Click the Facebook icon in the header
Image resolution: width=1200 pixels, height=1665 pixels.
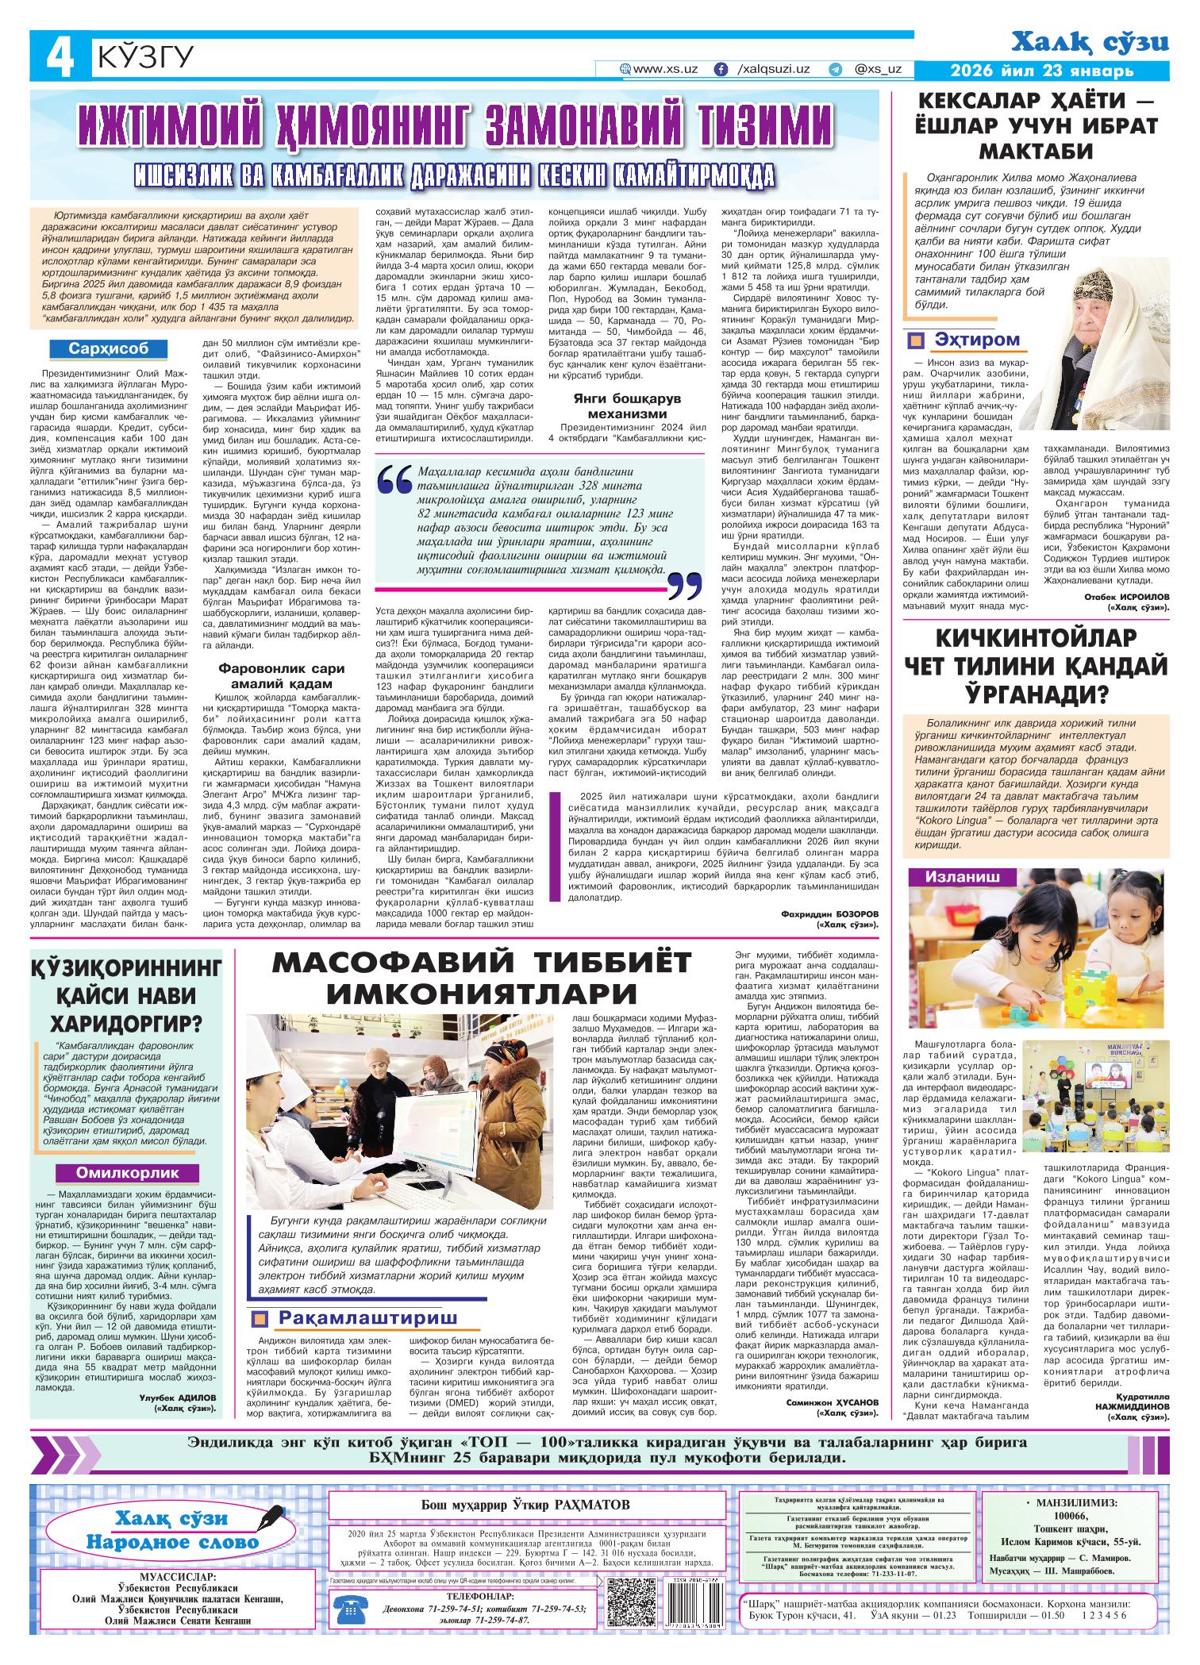click(x=721, y=69)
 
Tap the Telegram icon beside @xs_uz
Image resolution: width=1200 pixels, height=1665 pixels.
click(x=834, y=69)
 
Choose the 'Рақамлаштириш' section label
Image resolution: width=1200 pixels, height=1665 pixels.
click(x=367, y=1319)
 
